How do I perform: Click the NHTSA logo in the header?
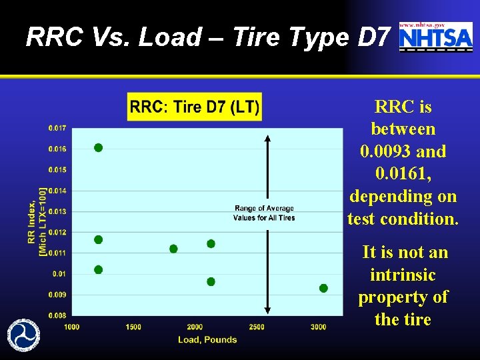pyautogui.click(x=435, y=37)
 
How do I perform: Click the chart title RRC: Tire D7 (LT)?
pyautogui.click(x=195, y=107)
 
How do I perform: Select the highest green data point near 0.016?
pyautogui.click(x=98, y=147)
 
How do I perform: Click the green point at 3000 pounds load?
pyautogui.click(x=323, y=288)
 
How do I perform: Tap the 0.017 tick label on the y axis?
pyautogui.click(x=57, y=128)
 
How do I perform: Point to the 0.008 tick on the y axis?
pyautogui.click(x=57, y=315)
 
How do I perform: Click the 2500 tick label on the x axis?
pyautogui.click(x=257, y=327)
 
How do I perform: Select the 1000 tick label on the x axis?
pyautogui.click(x=72, y=327)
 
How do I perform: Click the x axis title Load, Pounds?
pyautogui.click(x=207, y=339)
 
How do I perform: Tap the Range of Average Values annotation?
pyautogui.click(x=264, y=213)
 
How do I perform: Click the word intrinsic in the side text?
pyautogui.click(x=403, y=275)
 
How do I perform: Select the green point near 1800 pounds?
pyautogui.click(x=173, y=249)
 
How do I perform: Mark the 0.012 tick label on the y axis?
pyautogui.click(x=57, y=232)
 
